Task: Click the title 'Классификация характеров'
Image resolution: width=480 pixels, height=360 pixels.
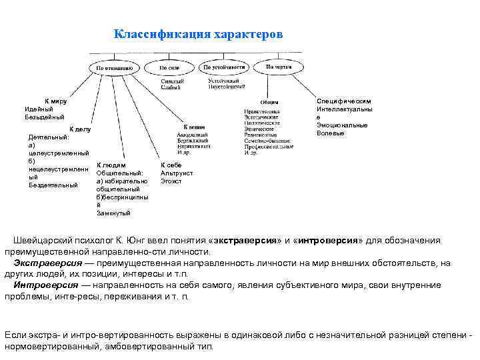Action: click(x=198, y=34)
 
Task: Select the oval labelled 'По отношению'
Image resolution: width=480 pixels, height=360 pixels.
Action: click(x=114, y=67)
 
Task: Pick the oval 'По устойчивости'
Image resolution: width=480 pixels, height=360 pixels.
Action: click(x=223, y=67)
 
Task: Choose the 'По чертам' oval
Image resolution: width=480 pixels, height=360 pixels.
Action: click(x=279, y=67)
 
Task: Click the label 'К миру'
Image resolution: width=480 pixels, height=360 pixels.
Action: click(x=55, y=101)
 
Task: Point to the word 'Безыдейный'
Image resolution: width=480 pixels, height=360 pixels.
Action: click(x=45, y=117)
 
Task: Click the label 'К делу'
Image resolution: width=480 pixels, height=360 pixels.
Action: click(x=80, y=129)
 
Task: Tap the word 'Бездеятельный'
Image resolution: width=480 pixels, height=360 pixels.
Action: click(x=53, y=185)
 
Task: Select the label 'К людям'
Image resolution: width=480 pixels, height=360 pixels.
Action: click(x=111, y=165)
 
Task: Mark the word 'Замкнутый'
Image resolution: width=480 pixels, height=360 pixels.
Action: click(x=114, y=213)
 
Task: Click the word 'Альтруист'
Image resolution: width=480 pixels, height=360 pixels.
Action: click(x=177, y=173)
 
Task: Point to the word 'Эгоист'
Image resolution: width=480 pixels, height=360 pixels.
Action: click(x=171, y=181)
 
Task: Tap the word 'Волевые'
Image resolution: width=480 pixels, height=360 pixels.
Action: click(x=331, y=133)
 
